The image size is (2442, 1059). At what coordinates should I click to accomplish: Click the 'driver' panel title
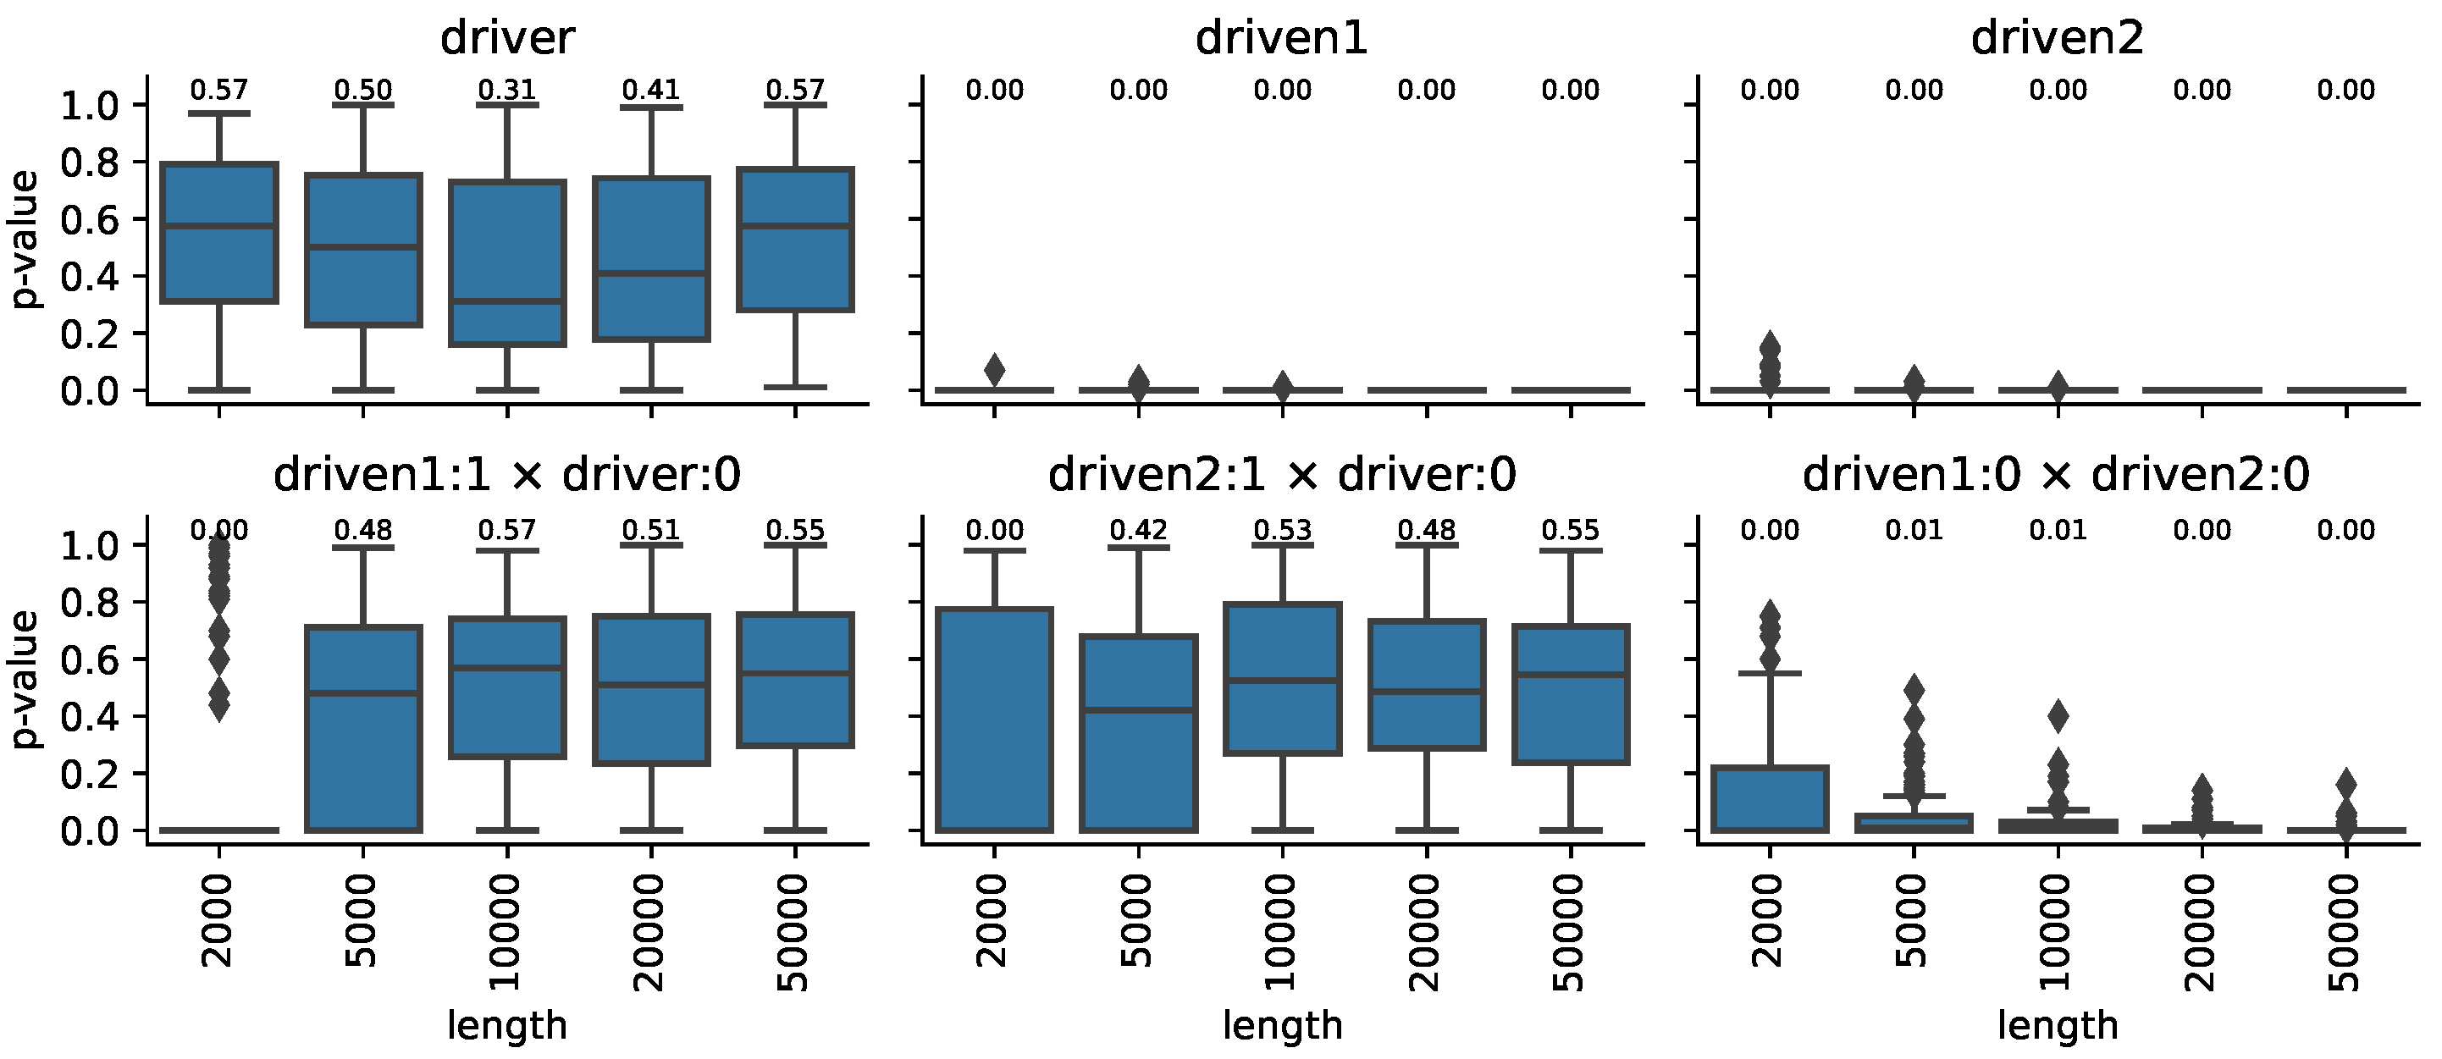click(x=507, y=38)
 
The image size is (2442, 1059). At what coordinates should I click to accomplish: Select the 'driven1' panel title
click(x=1282, y=38)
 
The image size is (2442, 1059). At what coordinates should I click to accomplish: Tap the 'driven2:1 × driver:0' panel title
click(x=1282, y=474)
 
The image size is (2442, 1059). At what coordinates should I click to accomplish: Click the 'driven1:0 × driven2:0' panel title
click(x=2056, y=474)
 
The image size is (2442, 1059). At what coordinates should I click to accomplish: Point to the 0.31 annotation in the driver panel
click(x=507, y=90)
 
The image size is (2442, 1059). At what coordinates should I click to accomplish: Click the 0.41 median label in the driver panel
click(x=651, y=90)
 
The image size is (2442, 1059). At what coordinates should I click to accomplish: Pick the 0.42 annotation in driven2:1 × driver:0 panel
click(x=1139, y=530)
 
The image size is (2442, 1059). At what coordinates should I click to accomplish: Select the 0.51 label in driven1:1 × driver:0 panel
click(x=651, y=530)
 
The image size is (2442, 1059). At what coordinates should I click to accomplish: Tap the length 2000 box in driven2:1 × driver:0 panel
click(x=994, y=720)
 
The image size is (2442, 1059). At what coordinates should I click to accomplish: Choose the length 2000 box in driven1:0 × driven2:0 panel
click(x=1770, y=798)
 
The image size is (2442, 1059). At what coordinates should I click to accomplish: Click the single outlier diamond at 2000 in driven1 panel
click(x=994, y=370)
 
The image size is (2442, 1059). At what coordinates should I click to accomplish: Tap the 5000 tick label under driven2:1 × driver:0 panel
click(x=1139, y=919)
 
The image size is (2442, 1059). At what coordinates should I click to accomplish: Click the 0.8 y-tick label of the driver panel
click(x=90, y=163)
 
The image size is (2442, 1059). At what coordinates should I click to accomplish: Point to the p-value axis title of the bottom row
click(x=25, y=679)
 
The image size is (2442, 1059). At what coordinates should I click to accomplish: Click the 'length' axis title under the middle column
click(x=1282, y=1026)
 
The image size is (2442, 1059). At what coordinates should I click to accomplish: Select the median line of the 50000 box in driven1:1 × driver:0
click(x=795, y=674)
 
